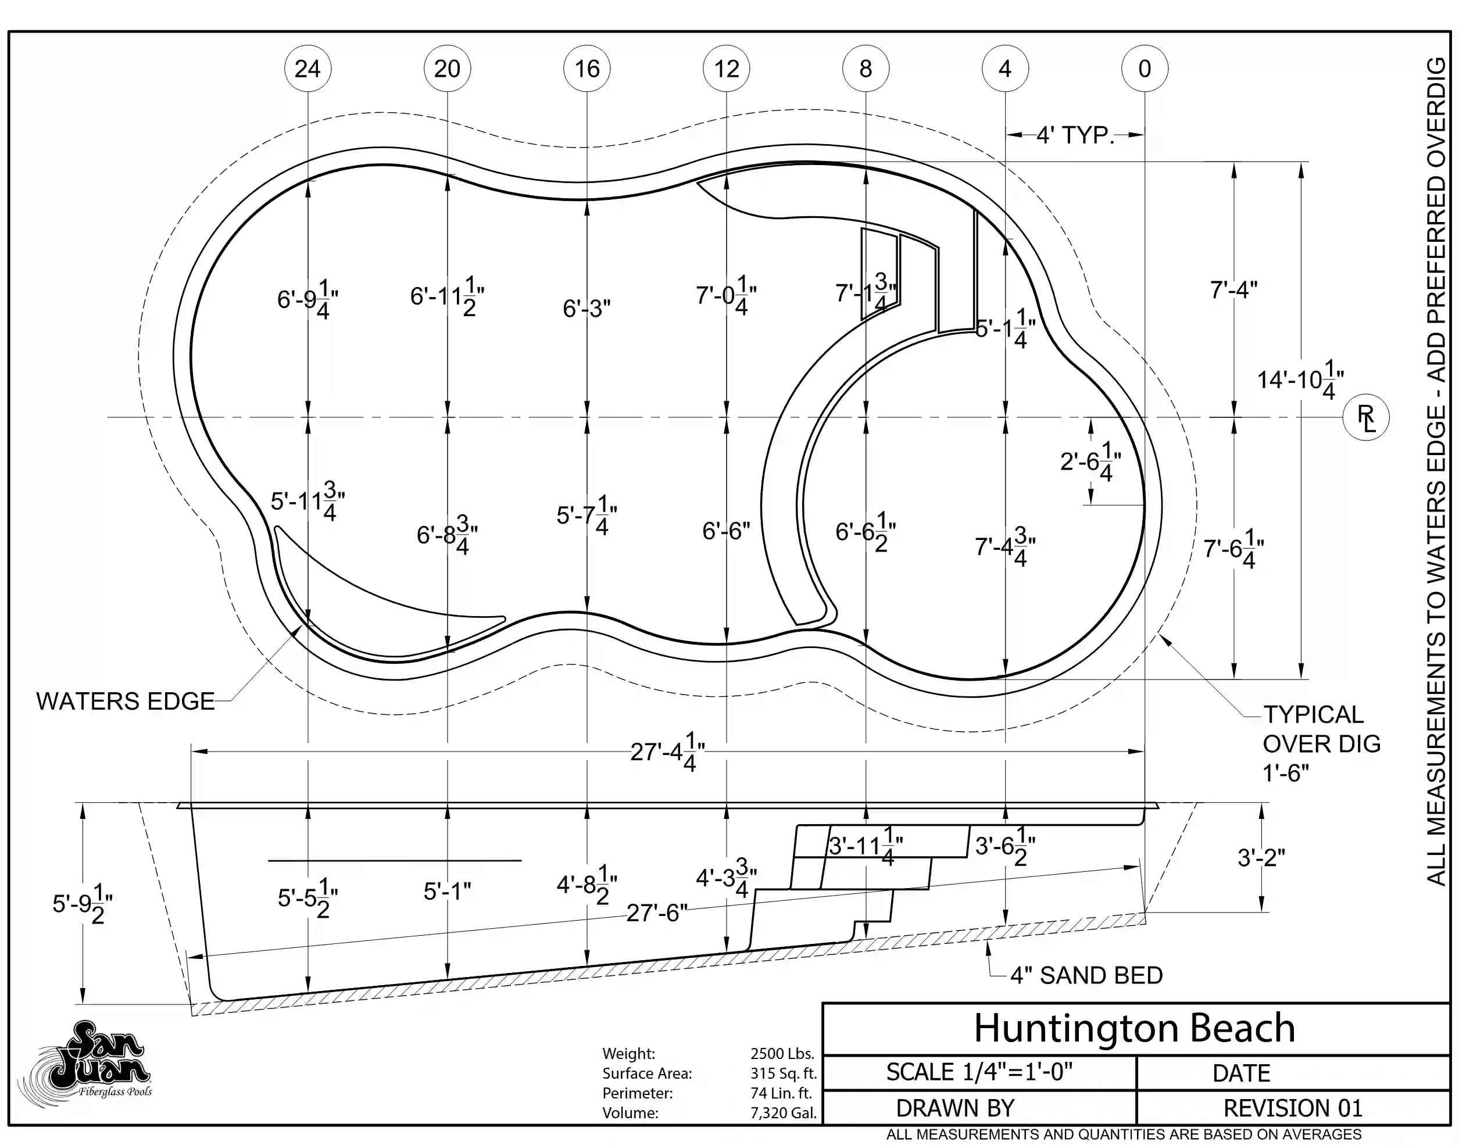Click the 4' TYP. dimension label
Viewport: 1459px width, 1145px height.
click(x=1075, y=135)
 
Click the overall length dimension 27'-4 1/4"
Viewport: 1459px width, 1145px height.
click(x=667, y=752)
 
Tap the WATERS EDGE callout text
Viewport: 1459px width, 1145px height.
click(x=126, y=701)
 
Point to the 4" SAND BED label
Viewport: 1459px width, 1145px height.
click(x=1086, y=975)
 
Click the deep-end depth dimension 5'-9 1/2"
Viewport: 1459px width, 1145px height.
click(x=83, y=903)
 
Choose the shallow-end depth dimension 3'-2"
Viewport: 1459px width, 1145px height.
click(x=1261, y=857)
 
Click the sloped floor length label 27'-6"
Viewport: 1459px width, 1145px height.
click(x=657, y=913)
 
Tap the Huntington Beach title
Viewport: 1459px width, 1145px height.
click(x=1135, y=1028)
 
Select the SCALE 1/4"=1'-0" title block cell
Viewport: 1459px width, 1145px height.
click(x=979, y=1072)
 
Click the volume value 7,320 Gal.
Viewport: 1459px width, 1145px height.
click(x=783, y=1113)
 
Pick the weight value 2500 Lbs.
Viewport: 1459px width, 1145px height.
click(x=782, y=1053)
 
